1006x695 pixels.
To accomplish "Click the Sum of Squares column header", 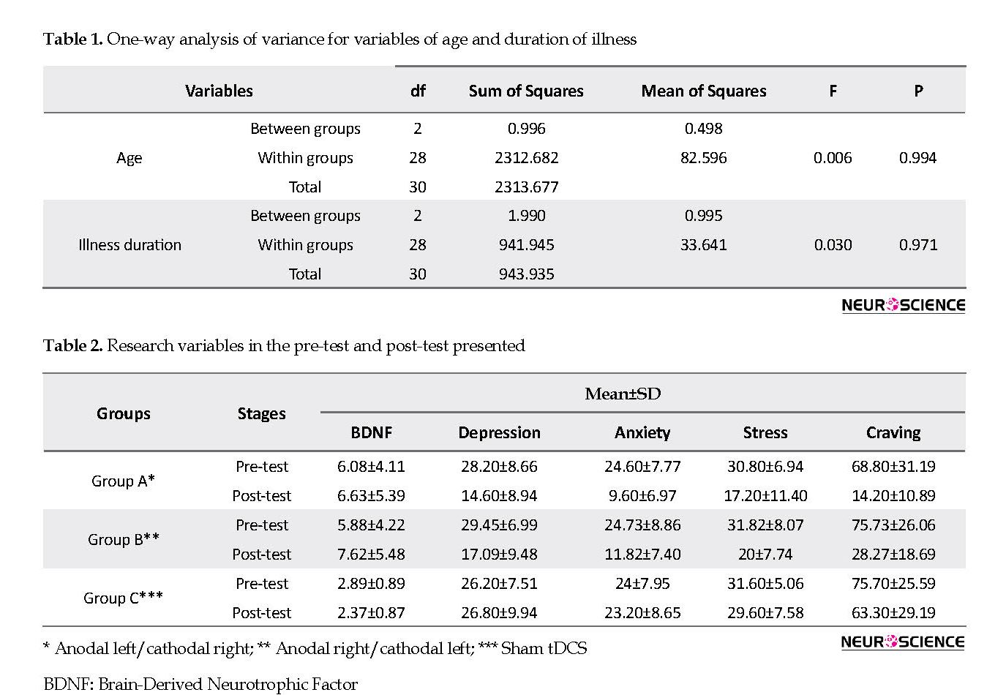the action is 526,91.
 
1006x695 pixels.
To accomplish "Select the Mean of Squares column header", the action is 703,91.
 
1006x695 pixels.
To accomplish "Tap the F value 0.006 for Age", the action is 832,158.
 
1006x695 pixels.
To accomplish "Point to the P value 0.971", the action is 918,245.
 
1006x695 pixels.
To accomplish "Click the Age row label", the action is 129,158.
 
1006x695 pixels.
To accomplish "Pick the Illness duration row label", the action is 129,245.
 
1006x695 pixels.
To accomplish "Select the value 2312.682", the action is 526,158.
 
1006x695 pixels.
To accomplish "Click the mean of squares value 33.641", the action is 703,245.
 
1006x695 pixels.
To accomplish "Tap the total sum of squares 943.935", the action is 526,274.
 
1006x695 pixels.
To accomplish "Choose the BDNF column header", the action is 372,433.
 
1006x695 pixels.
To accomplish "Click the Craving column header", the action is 893,433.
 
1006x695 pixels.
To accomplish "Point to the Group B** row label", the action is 123,539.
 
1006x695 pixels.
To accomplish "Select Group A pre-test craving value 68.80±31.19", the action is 893,467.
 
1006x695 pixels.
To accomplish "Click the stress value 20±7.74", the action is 765,555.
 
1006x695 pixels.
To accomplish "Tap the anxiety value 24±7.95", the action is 642,584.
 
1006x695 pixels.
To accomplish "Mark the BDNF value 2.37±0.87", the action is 371,613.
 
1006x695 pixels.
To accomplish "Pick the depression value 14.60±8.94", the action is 499,496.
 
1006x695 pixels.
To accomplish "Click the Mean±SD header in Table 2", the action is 623,394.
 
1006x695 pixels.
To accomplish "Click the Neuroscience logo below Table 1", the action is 903,305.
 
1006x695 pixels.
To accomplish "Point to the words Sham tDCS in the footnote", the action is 544,648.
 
